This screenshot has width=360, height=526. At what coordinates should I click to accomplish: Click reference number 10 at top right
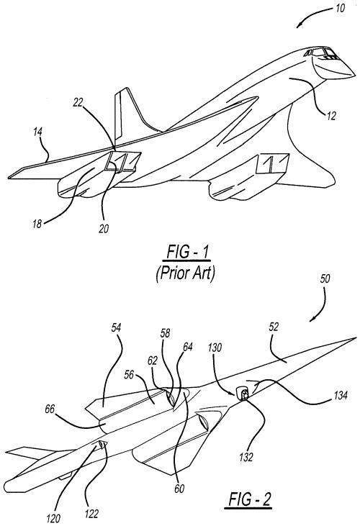point(340,8)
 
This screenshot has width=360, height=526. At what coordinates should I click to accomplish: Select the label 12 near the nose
point(330,116)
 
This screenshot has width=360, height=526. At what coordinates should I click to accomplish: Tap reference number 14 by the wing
point(37,132)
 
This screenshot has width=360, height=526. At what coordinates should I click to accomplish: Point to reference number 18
point(37,224)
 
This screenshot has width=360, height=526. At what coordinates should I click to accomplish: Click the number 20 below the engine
point(104,229)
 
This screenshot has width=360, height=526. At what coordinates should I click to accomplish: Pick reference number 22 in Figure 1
point(78,103)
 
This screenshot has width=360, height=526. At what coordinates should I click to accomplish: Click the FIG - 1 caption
point(186,253)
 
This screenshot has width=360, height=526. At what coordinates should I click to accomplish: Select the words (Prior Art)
point(185,273)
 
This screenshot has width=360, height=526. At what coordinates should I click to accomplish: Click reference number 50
point(325,278)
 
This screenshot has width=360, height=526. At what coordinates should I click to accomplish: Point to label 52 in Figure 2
point(274,327)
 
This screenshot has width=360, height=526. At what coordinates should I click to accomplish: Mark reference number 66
point(50,409)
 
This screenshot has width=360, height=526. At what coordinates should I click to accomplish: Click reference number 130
point(215,348)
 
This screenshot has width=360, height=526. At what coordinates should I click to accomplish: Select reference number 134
point(340,395)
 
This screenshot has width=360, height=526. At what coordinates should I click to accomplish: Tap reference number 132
point(246,457)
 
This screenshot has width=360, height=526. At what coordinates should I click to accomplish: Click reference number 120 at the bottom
point(53,518)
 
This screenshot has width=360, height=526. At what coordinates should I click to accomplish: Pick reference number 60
point(179,489)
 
